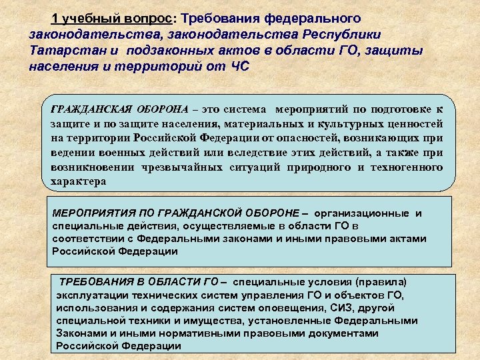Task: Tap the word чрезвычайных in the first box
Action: tap(181, 167)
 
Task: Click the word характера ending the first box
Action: tap(79, 181)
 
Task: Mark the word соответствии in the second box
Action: tap(85, 239)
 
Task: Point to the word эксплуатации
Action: tap(90, 295)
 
